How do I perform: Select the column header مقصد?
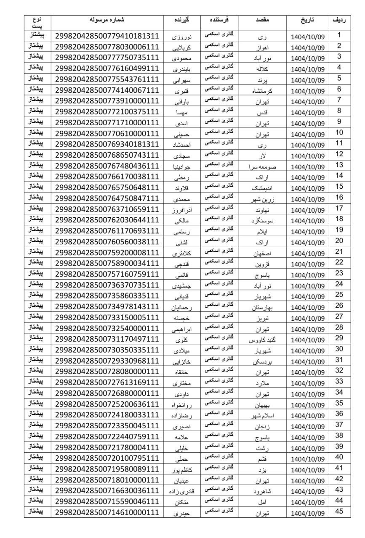264,20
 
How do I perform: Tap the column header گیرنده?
184,20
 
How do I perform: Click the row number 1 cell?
339,35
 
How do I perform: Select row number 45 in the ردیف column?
339,511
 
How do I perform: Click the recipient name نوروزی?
184,37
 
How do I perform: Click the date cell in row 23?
308,275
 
